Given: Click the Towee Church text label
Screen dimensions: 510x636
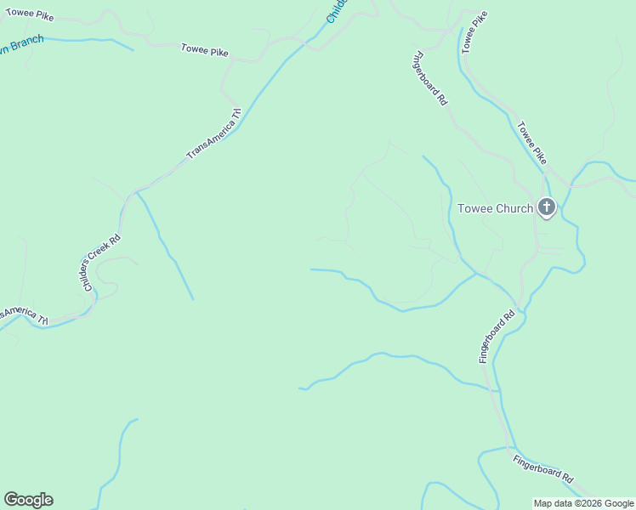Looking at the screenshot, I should click(495, 208).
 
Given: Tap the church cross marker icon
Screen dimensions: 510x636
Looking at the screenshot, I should click(545, 207).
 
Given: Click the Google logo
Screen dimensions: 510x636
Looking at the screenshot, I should click(28, 500).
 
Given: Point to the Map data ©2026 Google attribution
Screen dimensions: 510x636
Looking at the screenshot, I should click(583, 503).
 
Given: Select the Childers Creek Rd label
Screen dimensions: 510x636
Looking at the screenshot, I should click(102, 263).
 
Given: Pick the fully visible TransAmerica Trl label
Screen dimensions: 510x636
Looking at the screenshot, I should click(214, 133).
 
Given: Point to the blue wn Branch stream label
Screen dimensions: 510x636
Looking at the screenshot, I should click(21, 43).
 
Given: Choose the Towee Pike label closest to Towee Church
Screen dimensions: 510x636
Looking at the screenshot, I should click(532, 144).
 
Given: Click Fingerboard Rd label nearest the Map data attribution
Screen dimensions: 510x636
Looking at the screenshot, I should click(543, 467).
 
